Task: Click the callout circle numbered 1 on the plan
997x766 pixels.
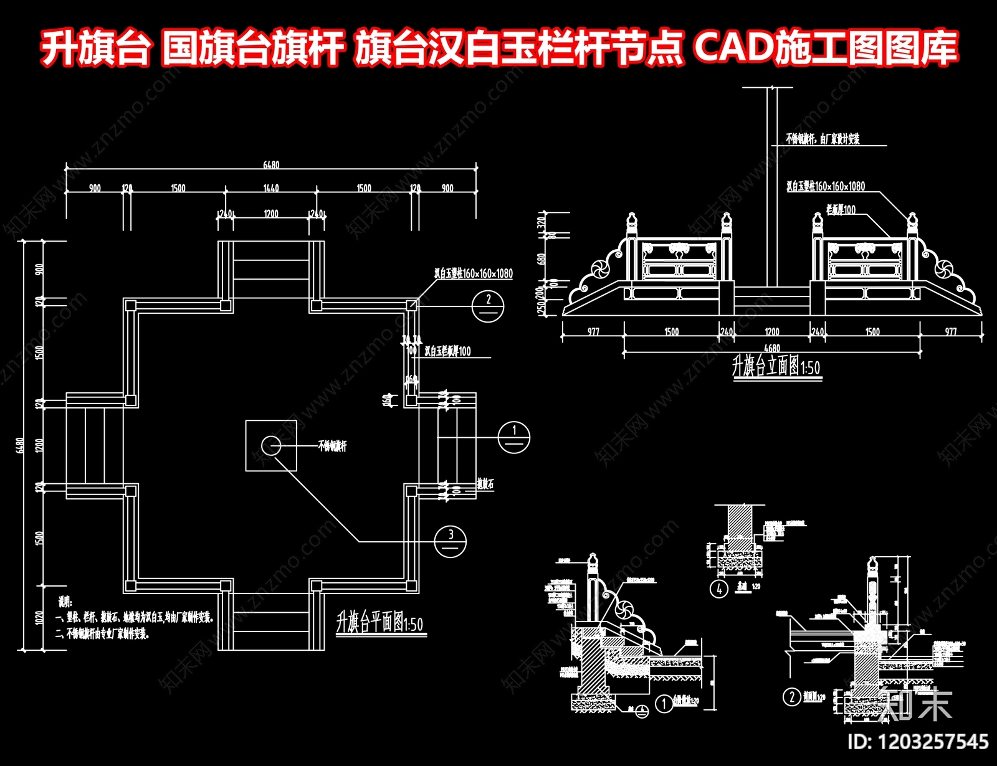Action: (x=514, y=437)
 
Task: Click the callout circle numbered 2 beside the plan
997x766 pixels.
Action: (x=487, y=306)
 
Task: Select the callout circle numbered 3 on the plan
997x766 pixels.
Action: (x=451, y=539)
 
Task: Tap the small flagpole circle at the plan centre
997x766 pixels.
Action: (x=270, y=445)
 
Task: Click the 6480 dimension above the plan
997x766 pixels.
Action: (x=271, y=165)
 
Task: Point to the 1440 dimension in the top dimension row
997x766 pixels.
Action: (x=271, y=188)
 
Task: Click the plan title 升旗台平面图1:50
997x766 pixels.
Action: (x=379, y=622)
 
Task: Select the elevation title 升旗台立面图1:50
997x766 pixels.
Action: (x=776, y=366)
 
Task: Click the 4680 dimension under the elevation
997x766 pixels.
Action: (x=771, y=348)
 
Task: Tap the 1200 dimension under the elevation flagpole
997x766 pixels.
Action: (x=772, y=332)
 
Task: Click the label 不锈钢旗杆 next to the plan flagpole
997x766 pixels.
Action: (x=332, y=446)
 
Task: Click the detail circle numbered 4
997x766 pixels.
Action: (x=719, y=588)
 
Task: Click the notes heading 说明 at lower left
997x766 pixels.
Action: (x=65, y=603)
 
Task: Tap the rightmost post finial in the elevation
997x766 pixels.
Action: (x=913, y=222)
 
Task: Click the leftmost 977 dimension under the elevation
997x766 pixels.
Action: (x=593, y=332)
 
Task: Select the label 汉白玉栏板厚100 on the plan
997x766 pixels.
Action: (x=447, y=352)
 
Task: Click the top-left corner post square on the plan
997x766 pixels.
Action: (x=131, y=305)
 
